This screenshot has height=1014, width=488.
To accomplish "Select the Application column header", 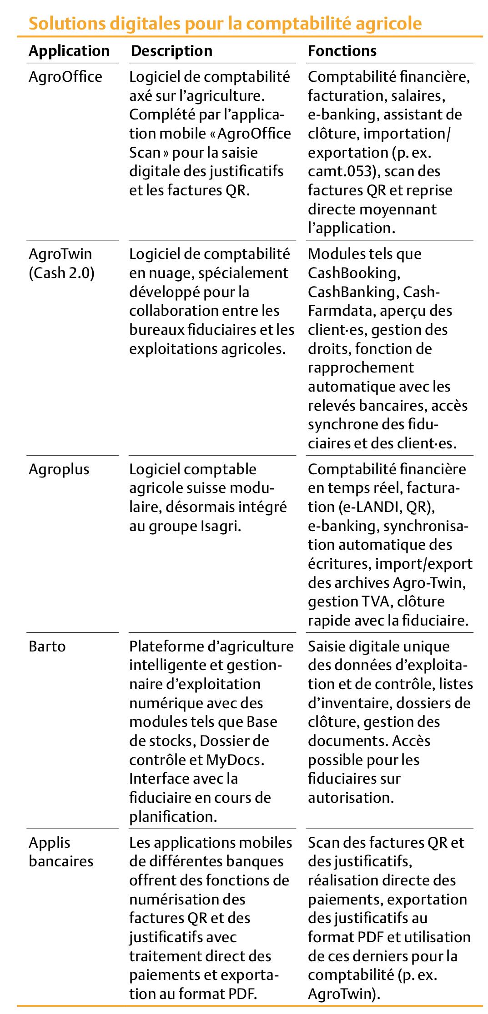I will tap(69, 50).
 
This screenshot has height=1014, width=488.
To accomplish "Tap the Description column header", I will tap(171, 50).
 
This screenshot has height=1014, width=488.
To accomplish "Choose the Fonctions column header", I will tap(342, 50).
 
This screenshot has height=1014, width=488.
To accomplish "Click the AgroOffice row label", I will tap(65, 76).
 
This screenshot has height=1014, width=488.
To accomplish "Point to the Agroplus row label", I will tap(59, 469).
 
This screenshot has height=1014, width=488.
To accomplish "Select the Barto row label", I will tap(47, 646).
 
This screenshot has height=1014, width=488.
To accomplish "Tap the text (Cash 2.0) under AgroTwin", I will tap(61, 273).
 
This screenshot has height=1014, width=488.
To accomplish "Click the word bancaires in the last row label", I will tap(61, 861).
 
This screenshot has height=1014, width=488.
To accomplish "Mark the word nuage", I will tap(169, 273).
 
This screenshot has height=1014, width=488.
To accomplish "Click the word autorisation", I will tap(350, 798).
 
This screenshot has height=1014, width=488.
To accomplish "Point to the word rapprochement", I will tap(361, 368).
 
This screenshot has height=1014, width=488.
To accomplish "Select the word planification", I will tap(172, 817).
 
